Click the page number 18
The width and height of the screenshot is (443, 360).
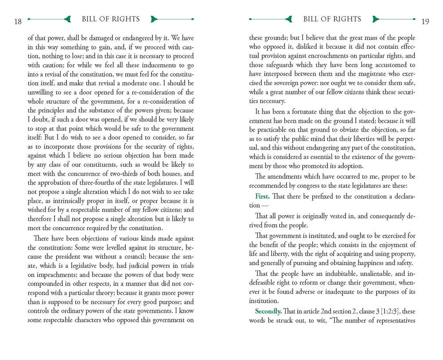(x=18, y=21)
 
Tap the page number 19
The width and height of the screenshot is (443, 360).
(x=425, y=21)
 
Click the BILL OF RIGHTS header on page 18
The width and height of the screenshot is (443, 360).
(x=111, y=19)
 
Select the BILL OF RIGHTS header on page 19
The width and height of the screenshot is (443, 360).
(x=332, y=19)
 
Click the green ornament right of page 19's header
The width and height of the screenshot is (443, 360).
(x=376, y=20)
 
